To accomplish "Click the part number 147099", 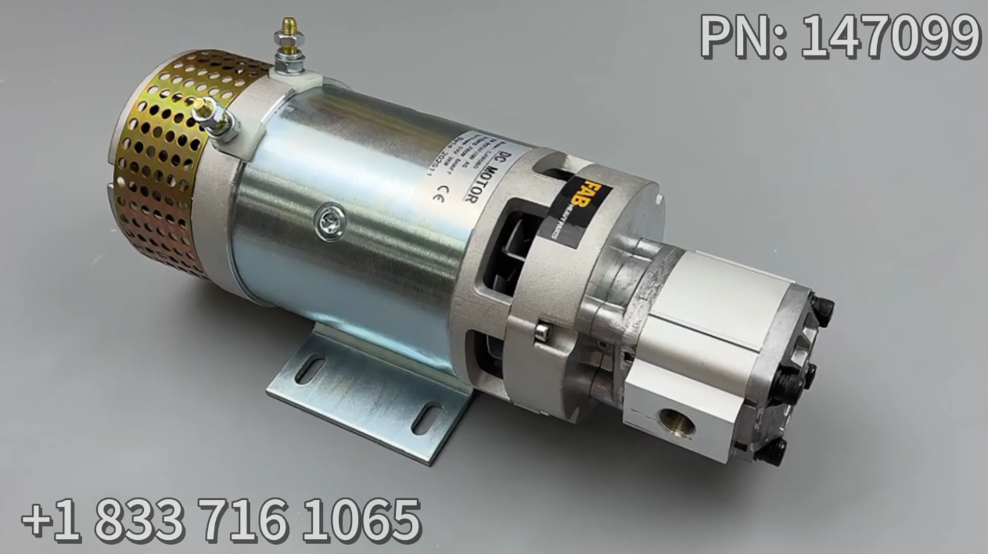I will [890, 36].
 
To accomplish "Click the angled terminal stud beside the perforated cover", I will [212, 117].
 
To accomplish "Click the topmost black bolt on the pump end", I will [823, 308].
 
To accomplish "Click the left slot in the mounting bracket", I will [310, 369].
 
